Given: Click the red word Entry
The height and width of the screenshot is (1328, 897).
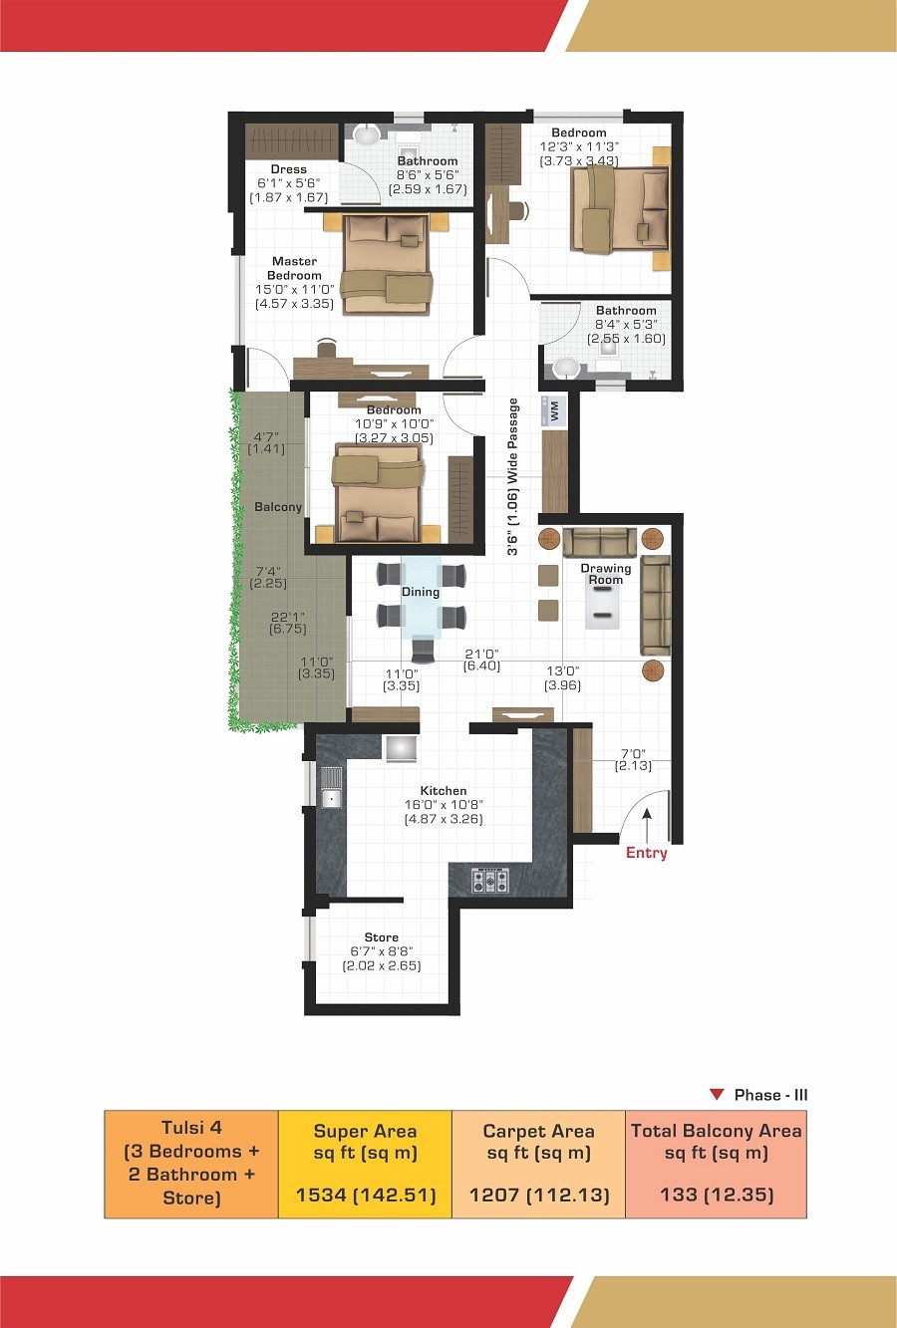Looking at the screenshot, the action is [647, 853].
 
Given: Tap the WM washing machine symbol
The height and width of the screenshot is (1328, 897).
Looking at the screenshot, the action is [553, 409].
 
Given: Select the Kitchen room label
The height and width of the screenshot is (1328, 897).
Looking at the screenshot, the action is [444, 790].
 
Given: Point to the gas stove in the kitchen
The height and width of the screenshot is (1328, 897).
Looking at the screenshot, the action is [490, 881].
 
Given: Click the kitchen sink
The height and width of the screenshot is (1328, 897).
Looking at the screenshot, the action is [332, 788].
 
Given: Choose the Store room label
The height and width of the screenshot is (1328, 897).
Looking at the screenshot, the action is [382, 937].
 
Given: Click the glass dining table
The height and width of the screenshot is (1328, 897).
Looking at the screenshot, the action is [421, 597].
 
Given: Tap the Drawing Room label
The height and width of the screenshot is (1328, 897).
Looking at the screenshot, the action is [605, 574].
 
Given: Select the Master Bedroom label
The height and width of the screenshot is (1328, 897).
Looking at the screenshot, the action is [294, 268].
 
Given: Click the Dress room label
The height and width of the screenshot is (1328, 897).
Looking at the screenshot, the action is [289, 169].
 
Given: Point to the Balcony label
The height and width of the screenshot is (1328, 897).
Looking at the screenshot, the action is [278, 507].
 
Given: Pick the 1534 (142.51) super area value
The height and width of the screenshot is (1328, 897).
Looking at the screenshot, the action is [366, 1195].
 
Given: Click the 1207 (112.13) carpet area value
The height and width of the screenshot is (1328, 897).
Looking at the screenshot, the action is [538, 1195].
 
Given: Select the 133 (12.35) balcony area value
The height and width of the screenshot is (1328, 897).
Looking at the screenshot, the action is [717, 1195].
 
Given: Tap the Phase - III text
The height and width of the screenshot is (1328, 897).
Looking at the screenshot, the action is [770, 1095].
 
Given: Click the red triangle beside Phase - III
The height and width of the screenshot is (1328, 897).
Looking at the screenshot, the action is [718, 1095].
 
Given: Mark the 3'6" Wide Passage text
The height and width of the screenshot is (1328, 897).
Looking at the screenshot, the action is [512, 476].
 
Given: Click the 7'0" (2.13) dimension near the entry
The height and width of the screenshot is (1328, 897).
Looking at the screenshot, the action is [633, 759].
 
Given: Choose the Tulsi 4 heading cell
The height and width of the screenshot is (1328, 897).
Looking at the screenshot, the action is [191, 1165].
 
